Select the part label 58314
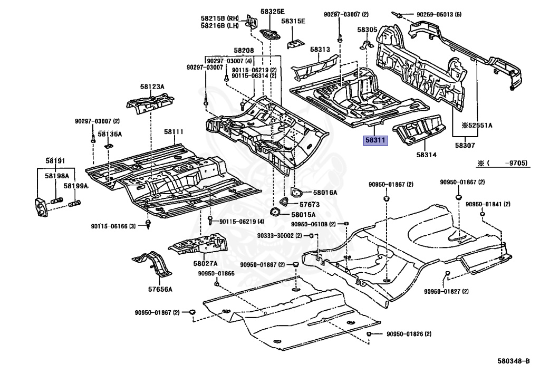tap(427, 155)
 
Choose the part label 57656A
tap(160, 289)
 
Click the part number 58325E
tap(272, 11)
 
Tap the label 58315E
tap(293, 21)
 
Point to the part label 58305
tap(367, 30)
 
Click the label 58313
tap(320, 49)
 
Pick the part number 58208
tap(244, 50)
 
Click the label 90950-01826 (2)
tap(409, 334)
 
